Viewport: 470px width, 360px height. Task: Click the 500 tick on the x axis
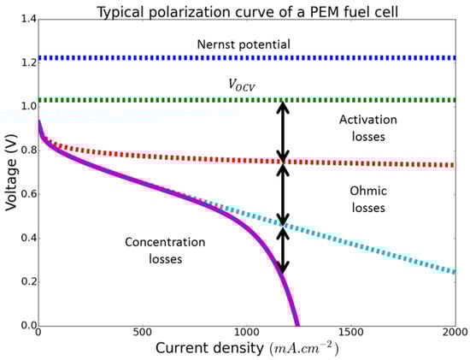click(141, 335)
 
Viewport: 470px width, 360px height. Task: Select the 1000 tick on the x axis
click(246, 335)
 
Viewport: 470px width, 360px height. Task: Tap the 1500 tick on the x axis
click(350, 335)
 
